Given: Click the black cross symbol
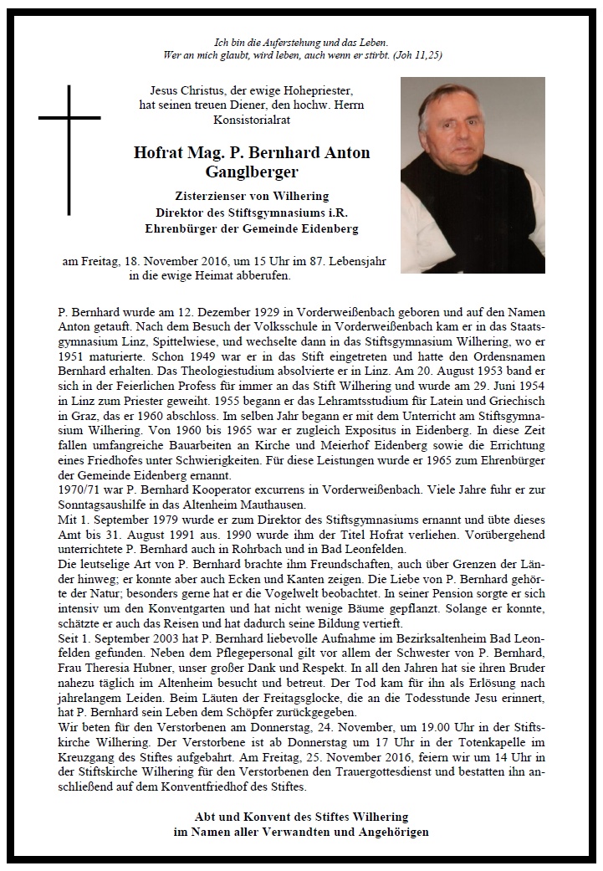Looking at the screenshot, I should coord(69,139).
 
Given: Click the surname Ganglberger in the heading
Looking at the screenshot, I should coord(252,172).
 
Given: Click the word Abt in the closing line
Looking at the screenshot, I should coord(205,816).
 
